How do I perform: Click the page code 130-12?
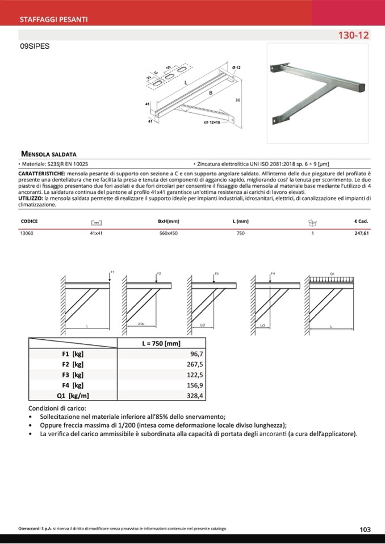click(x=354, y=35)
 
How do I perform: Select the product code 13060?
click(x=27, y=233)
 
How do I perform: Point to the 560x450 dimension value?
click(x=168, y=233)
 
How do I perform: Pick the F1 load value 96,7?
click(x=195, y=353)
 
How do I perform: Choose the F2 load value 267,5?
click(x=194, y=364)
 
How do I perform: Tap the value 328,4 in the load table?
click(x=194, y=396)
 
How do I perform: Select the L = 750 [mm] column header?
click(x=161, y=343)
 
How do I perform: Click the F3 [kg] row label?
click(x=73, y=375)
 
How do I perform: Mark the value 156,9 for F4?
click(x=194, y=385)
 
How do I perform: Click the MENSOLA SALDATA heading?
click(x=48, y=153)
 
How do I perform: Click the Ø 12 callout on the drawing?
click(x=236, y=68)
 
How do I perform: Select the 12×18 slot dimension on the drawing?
click(x=214, y=122)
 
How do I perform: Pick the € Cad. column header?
click(x=361, y=221)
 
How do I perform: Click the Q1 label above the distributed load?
click(x=332, y=274)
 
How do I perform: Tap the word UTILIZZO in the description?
click(x=30, y=199)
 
